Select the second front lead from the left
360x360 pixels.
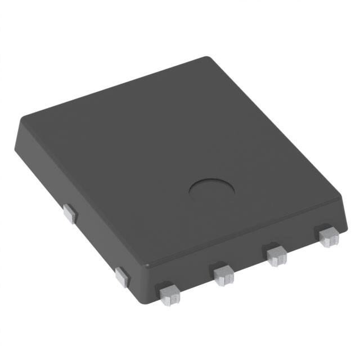(x=224, y=274)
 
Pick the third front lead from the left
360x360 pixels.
(x=276, y=256)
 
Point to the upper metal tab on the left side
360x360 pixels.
(x=69, y=214)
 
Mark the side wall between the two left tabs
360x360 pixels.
(x=93, y=242)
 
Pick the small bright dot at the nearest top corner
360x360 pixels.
(x=148, y=264)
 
